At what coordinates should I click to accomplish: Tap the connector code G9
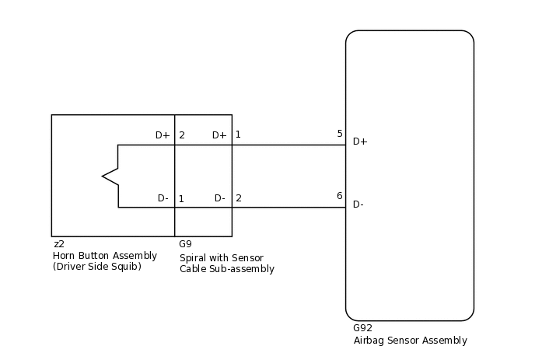pyautogui.click(x=185, y=244)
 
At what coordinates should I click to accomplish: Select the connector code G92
pyautogui.click(x=362, y=328)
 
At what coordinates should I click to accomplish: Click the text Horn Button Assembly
pyautogui.click(x=104, y=255)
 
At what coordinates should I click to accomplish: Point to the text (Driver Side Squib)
pyautogui.click(x=96, y=266)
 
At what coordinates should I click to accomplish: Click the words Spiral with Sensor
pyautogui.click(x=222, y=258)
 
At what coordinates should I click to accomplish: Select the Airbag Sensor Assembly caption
pyautogui.click(x=410, y=340)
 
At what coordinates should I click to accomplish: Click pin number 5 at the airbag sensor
pyautogui.click(x=340, y=134)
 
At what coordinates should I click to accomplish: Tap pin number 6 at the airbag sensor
pyautogui.click(x=340, y=196)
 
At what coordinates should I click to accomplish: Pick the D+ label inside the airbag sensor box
pyautogui.click(x=360, y=142)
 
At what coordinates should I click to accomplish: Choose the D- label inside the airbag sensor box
pyautogui.click(x=358, y=204)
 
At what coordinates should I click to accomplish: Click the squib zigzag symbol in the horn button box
pyautogui.click(x=110, y=177)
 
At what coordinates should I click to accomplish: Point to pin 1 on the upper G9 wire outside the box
pyautogui.click(x=238, y=135)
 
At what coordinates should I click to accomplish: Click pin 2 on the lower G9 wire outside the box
pyautogui.click(x=238, y=198)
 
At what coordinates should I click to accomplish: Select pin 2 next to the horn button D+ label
pyautogui.click(x=181, y=135)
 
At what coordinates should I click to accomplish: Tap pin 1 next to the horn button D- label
pyautogui.click(x=181, y=199)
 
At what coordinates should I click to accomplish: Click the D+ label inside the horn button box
pyautogui.click(x=163, y=135)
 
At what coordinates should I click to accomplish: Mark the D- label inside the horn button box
pyautogui.click(x=163, y=198)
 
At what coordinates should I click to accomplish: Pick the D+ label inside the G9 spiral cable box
pyautogui.click(x=219, y=135)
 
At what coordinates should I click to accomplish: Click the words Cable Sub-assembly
pyautogui.click(x=227, y=269)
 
